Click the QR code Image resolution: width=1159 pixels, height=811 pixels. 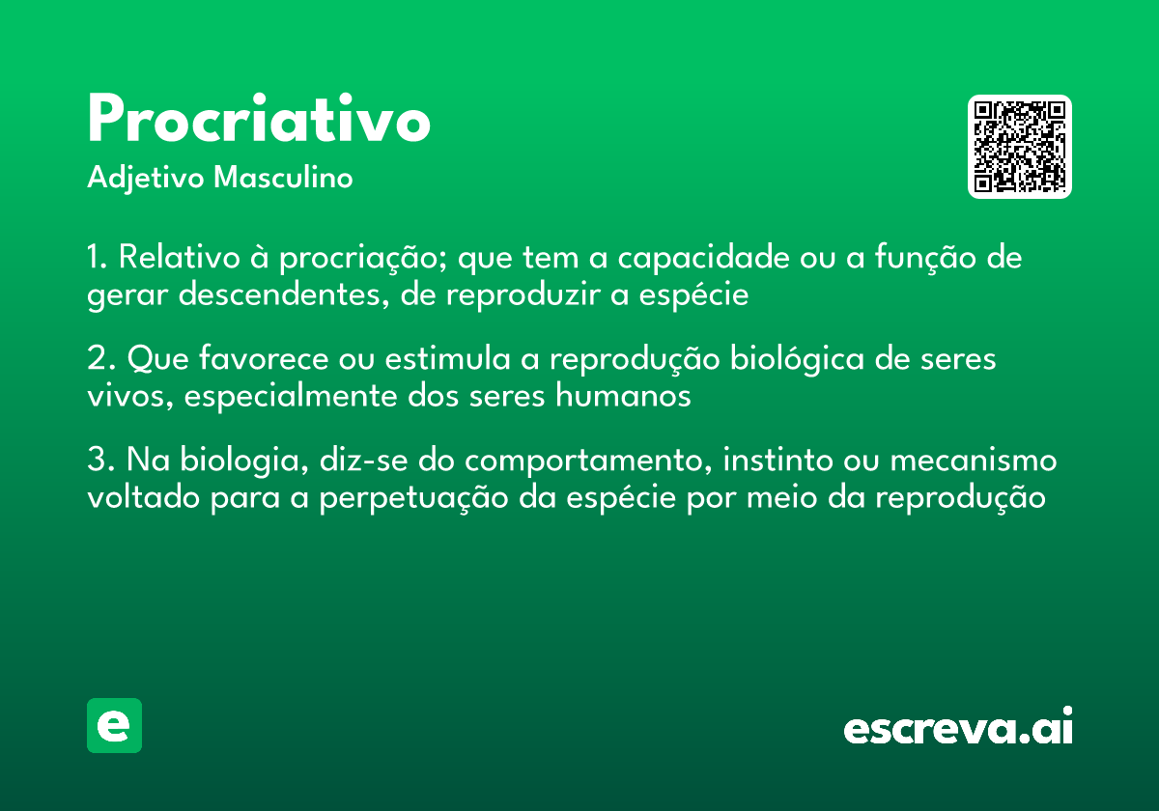click(1019, 147)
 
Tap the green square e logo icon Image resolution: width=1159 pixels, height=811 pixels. click(114, 725)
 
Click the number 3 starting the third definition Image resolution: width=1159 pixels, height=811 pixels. click(96, 461)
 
